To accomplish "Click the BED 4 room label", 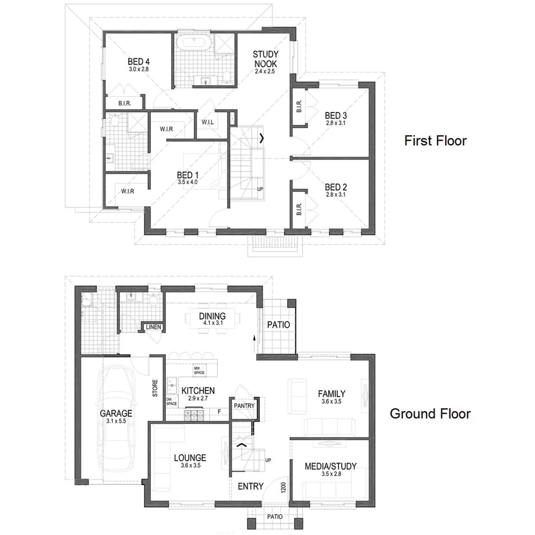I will (x=138, y=61).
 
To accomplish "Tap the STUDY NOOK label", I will (x=265, y=59).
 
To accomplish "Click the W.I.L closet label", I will (x=208, y=122).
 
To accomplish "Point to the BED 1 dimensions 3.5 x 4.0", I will (x=188, y=182).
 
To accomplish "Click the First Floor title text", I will (x=435, y=141).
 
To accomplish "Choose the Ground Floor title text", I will (x=430, y=414).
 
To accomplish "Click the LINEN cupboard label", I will (x=153, y=327).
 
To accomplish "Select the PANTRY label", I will (x=244, y=406).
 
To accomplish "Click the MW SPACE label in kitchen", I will (x=199, y=371).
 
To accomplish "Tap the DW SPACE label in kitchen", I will (x=171, y=402).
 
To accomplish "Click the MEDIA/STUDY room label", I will (x=330, y=466).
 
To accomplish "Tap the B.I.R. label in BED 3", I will (x=299, y=107).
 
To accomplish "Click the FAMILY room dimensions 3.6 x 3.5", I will (x=331, y=401).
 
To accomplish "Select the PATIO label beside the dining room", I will (x=278, y=325).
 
